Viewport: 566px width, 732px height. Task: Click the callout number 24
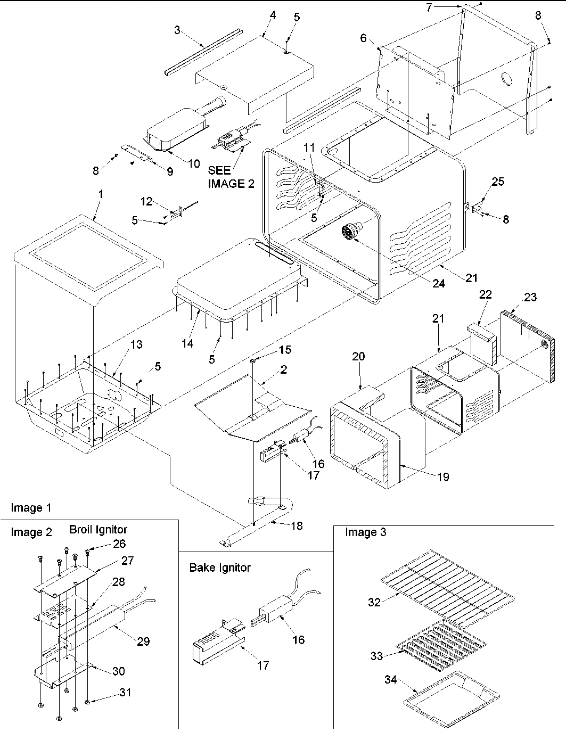click(438, 284)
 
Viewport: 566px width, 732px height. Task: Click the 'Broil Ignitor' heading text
click(98, 529)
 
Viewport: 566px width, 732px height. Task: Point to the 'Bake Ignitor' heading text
click(219, 567)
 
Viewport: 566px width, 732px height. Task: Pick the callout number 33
click(377, 656)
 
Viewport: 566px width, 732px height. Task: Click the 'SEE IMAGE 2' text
click(230, 177)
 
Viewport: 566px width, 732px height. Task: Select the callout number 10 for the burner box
click(194, 163)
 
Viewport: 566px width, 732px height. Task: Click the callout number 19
click(443, 476)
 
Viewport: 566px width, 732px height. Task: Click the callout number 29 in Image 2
click(143, 641)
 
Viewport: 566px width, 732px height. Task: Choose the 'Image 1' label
click(31, 508)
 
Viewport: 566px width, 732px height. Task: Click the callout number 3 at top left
click(177, 30)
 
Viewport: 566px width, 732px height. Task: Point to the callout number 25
click(497, 182)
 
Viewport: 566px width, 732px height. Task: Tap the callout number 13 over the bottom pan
click(136, 344)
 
